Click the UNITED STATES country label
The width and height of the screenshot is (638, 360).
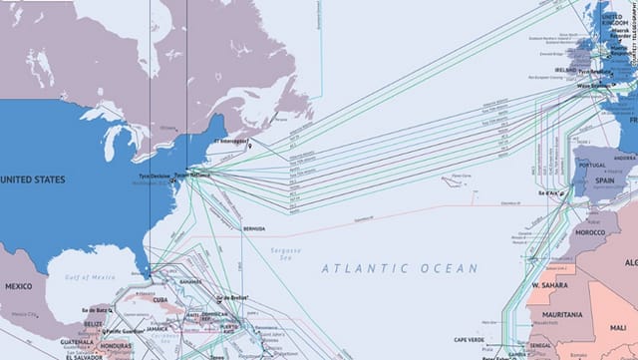33,180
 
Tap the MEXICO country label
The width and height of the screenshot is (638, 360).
17,257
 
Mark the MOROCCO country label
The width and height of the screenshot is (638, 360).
591,231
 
